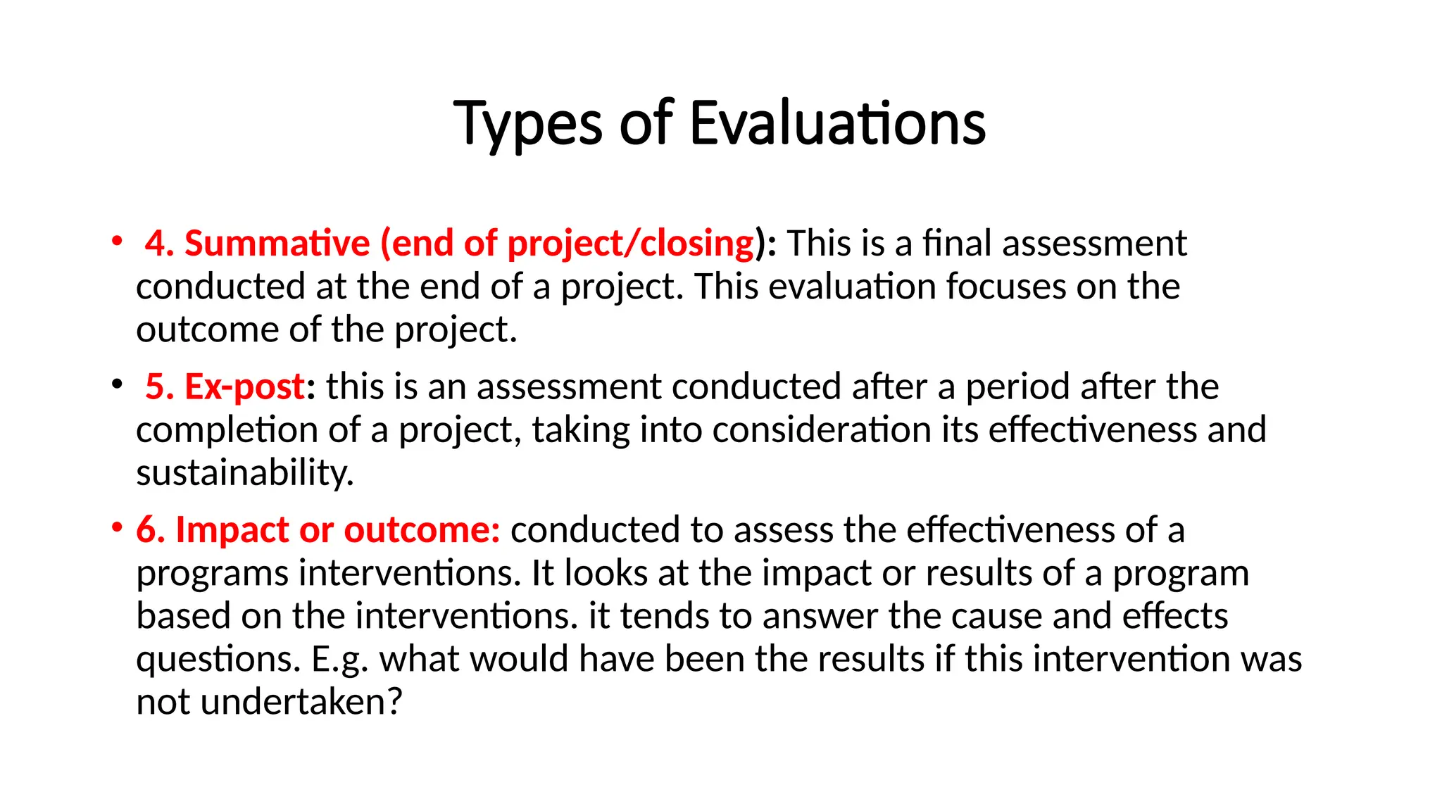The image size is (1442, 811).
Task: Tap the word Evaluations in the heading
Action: [x=837, y=124]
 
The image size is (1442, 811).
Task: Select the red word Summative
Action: [x=277, y=244]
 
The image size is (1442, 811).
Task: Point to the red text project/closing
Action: [x=631, y=244]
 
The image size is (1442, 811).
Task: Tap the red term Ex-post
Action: [x=244, y=387]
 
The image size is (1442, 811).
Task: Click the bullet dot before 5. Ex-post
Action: [x=117, y=384]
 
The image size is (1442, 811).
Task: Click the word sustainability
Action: [x=244, y=473]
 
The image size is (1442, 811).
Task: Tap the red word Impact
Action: [x=232, y=530]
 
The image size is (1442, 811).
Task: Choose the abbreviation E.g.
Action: [x=339, y=660]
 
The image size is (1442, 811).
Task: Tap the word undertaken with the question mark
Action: [x=301, y=703]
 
